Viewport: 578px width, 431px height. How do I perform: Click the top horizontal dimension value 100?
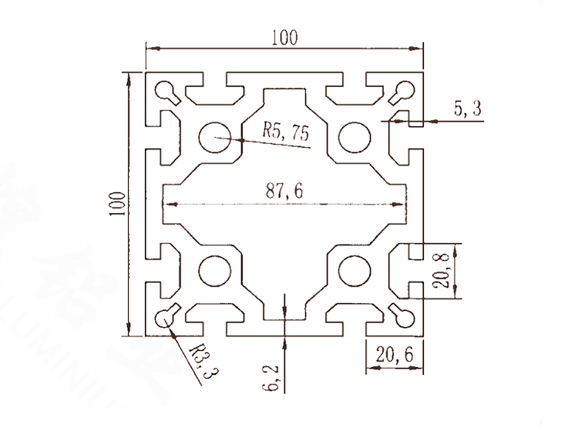point(284,37)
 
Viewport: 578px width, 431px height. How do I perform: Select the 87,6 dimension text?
point(284,192)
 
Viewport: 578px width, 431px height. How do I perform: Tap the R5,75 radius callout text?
point(285,132)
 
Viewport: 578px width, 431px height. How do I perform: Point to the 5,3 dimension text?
point(467,110)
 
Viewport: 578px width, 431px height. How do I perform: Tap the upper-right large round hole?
point(355,136)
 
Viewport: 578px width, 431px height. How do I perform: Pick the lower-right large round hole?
point(355,271)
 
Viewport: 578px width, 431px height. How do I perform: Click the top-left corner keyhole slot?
point(168,92)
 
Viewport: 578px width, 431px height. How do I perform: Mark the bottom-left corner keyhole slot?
point(168,316)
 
